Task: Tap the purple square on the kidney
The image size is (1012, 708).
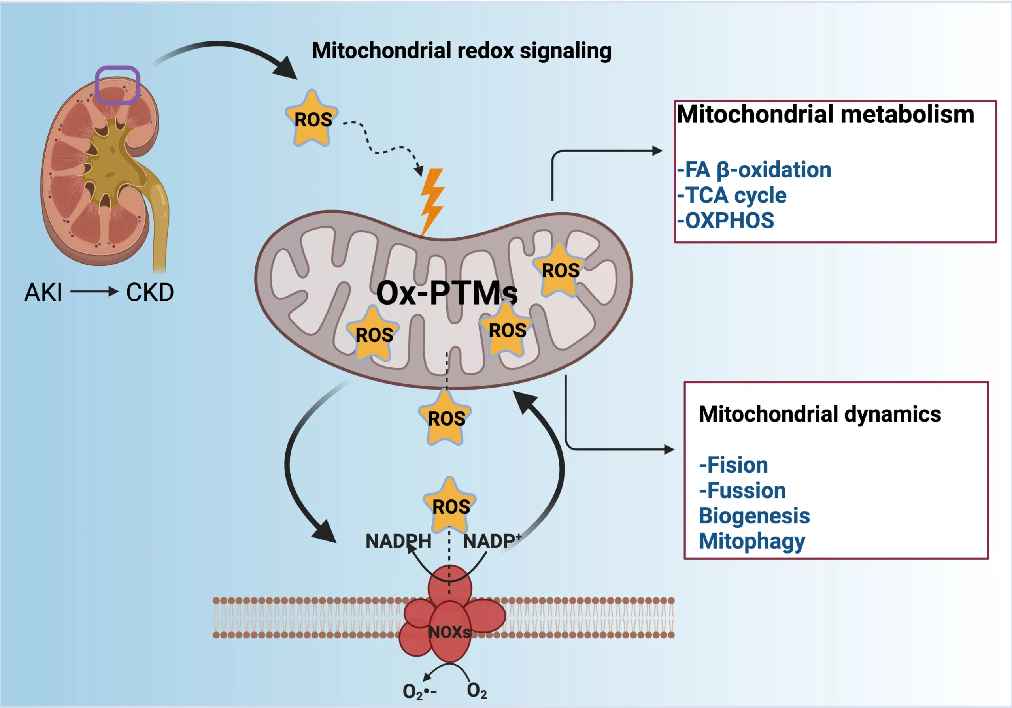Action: [118, 85]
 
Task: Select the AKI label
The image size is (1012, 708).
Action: [43, 292]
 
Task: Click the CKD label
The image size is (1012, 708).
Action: [150, 292]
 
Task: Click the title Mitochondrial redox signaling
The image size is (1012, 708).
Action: [461, 51]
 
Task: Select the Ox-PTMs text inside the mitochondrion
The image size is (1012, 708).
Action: [446, 293]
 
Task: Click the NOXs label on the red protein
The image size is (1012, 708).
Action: [449, 632]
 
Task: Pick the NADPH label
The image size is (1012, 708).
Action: [398, 541]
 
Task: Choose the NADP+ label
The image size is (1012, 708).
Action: [491, 541]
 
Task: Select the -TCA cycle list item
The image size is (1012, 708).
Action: [732, 195]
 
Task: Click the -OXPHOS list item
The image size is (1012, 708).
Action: [725, 220]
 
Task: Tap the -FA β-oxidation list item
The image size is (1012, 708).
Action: [754, 170]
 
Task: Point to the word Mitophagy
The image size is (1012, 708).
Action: [752, 541]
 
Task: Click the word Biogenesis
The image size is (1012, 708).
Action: [754, 516]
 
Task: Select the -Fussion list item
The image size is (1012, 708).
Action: [742, 490]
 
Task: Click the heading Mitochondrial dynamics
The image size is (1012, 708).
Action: [820, 414]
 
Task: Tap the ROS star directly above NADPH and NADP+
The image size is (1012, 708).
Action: [450, 506]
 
